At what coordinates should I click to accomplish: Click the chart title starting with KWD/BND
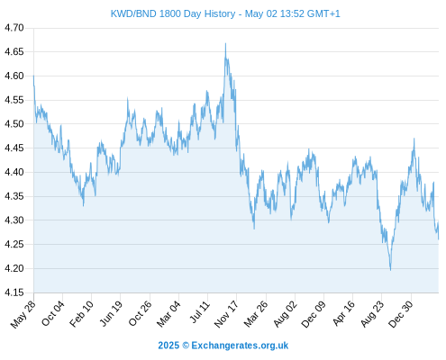pyautogui.click(x=225, y=13)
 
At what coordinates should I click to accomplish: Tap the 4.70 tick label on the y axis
pyautogui.click(x=14, y=28)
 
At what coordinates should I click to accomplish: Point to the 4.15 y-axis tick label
pyautogui.click(x=14, y=292)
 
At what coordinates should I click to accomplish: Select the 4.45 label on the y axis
pyautogui.click(x=14, y=148)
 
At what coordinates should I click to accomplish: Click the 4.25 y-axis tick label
pyautogui.click(x=14, y=245)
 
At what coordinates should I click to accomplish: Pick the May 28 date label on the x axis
pyautogui.click(x=23, y=314)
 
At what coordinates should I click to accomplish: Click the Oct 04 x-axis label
pyautogui.click(x=53, y=313)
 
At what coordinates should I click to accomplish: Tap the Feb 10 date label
pyautogui.click(x=82, y=313)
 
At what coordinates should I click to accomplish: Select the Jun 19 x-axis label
pyautogui.click(x=112, y=313)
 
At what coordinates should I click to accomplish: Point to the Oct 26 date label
pyautogui.click(x=141, y=313)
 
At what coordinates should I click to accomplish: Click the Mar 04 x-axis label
pyautogui.click(x=169, y=313)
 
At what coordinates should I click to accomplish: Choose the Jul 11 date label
pyautogui.click(x=200, y=312)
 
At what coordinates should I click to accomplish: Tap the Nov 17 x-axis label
pyautogui.click(x=227, y=314)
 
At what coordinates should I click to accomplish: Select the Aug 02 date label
pyautogui.click(x=286, y=313)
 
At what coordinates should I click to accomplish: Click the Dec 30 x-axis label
pyautogui.click(x=401, y=313)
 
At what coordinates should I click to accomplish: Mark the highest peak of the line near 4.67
pyautogui.click(x=225, y=43)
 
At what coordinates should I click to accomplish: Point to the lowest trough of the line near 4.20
pyautogui.click(x=390, y=270)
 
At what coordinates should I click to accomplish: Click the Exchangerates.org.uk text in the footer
pyautogui.click(x=240, y=346)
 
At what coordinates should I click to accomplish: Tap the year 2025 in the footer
pyautogui.click(x=168, y=346)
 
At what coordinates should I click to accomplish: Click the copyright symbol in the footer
pyautogui.click(x=186, y=346)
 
